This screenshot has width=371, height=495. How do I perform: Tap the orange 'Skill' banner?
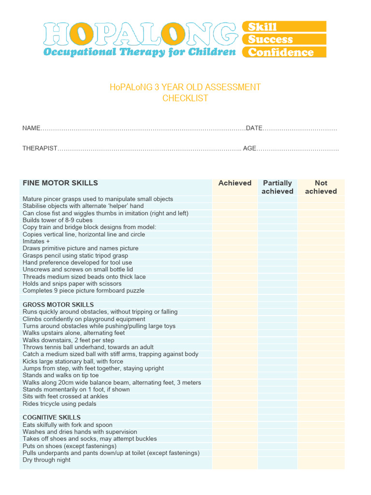[284, 27]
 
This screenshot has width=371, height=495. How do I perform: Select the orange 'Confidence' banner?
[284, 52]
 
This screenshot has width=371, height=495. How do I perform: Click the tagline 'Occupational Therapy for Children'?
[140, 52]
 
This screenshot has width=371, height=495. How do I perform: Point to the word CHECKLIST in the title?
[185, 98]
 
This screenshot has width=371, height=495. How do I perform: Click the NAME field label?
[31, 128]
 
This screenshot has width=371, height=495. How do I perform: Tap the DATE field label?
[254, 128]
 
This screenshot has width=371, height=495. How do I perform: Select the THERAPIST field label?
[40, 148]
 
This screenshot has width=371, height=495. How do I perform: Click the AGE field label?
[249, 148]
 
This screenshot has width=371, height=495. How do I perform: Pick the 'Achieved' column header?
[235, 183]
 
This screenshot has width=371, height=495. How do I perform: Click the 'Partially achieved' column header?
[277, 187]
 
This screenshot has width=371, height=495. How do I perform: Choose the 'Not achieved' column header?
[321, 187]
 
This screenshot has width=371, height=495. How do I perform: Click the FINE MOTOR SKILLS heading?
[60, 183]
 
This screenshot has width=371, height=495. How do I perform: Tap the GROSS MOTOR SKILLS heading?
[58, 305]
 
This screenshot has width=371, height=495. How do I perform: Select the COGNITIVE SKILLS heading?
[52, 418]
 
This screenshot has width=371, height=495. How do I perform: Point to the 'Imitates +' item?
[36, 241]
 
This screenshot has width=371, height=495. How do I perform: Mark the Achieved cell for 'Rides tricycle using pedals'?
[235, 404]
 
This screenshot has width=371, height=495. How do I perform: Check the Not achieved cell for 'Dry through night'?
[321, 460]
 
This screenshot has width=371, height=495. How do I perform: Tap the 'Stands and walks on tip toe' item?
[60, 376]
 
